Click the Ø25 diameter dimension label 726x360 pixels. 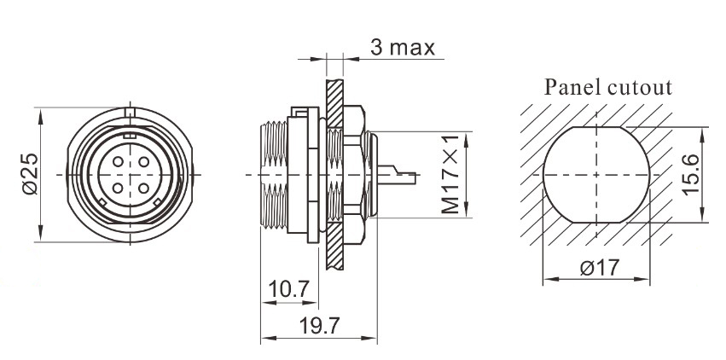click(28, 175)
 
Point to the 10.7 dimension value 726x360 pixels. click(287, 291)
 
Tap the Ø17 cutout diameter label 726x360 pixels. click(597, 267)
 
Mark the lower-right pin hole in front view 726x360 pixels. click(142, 189)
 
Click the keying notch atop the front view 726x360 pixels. click(129, 112)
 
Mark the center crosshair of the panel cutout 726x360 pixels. click(595, 175)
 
